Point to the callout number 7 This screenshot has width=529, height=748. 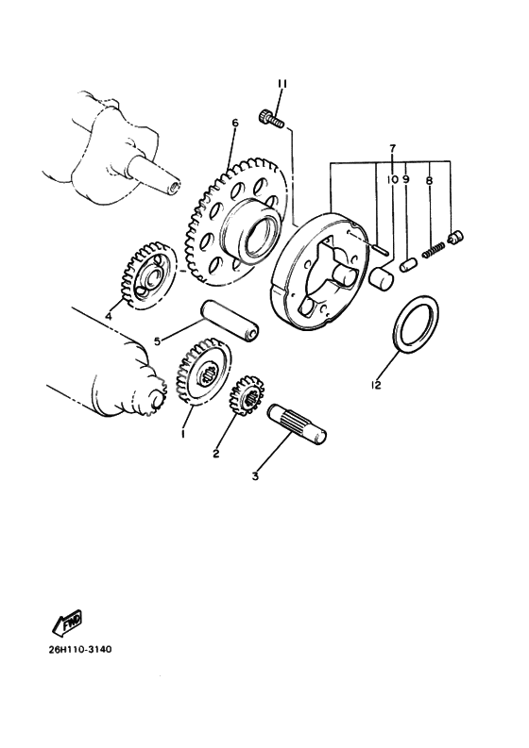tap(392, 150)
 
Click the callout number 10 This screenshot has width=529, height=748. tap(390, 177)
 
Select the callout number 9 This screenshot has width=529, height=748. tap(406, 177)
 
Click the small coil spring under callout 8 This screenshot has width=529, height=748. tap(434, 250)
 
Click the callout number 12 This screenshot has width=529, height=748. tap(377, 385)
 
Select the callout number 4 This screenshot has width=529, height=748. tap(108, 317)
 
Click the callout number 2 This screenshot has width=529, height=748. tap(216, 455)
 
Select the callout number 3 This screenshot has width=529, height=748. tap(255, 476)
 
